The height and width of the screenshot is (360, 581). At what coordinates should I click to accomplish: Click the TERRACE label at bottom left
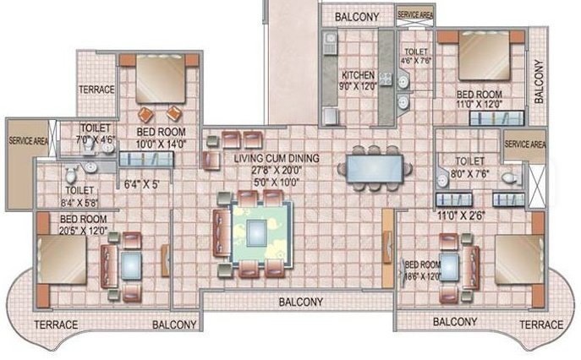[x=55, y=325]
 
